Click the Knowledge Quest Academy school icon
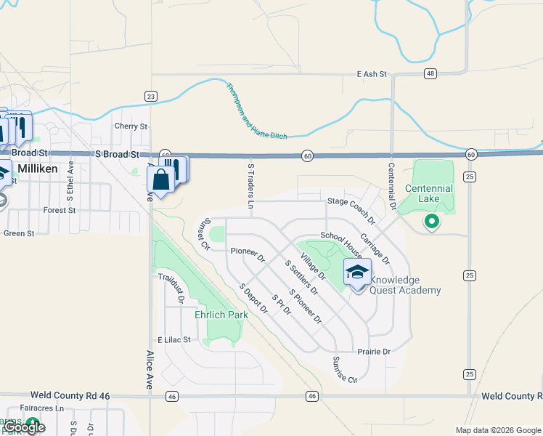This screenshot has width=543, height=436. pyautogui.click(x=357, y=273)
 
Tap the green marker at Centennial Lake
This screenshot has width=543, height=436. pyautogui.click(x=432, y=221)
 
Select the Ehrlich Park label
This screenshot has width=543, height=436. pyautogui.click(x=221, y=315)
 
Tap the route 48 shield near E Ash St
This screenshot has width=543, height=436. pyautogui.click(x=431, y=73)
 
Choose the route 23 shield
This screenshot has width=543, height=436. pyautogui.click(x=151, y=95)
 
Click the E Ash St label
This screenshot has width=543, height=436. pyautogui.click(x=373, y=74)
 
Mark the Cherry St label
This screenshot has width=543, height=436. pyautogui.click(x=131, y=126)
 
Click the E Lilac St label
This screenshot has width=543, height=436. pyautogui.click(x=173, y=339)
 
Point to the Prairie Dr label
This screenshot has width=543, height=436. pyautogui.click(x=374, y=352)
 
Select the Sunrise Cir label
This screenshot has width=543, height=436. pyautogui.click(x=346, y=370)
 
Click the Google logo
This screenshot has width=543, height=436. pyautogui.click(x=24, y=427)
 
